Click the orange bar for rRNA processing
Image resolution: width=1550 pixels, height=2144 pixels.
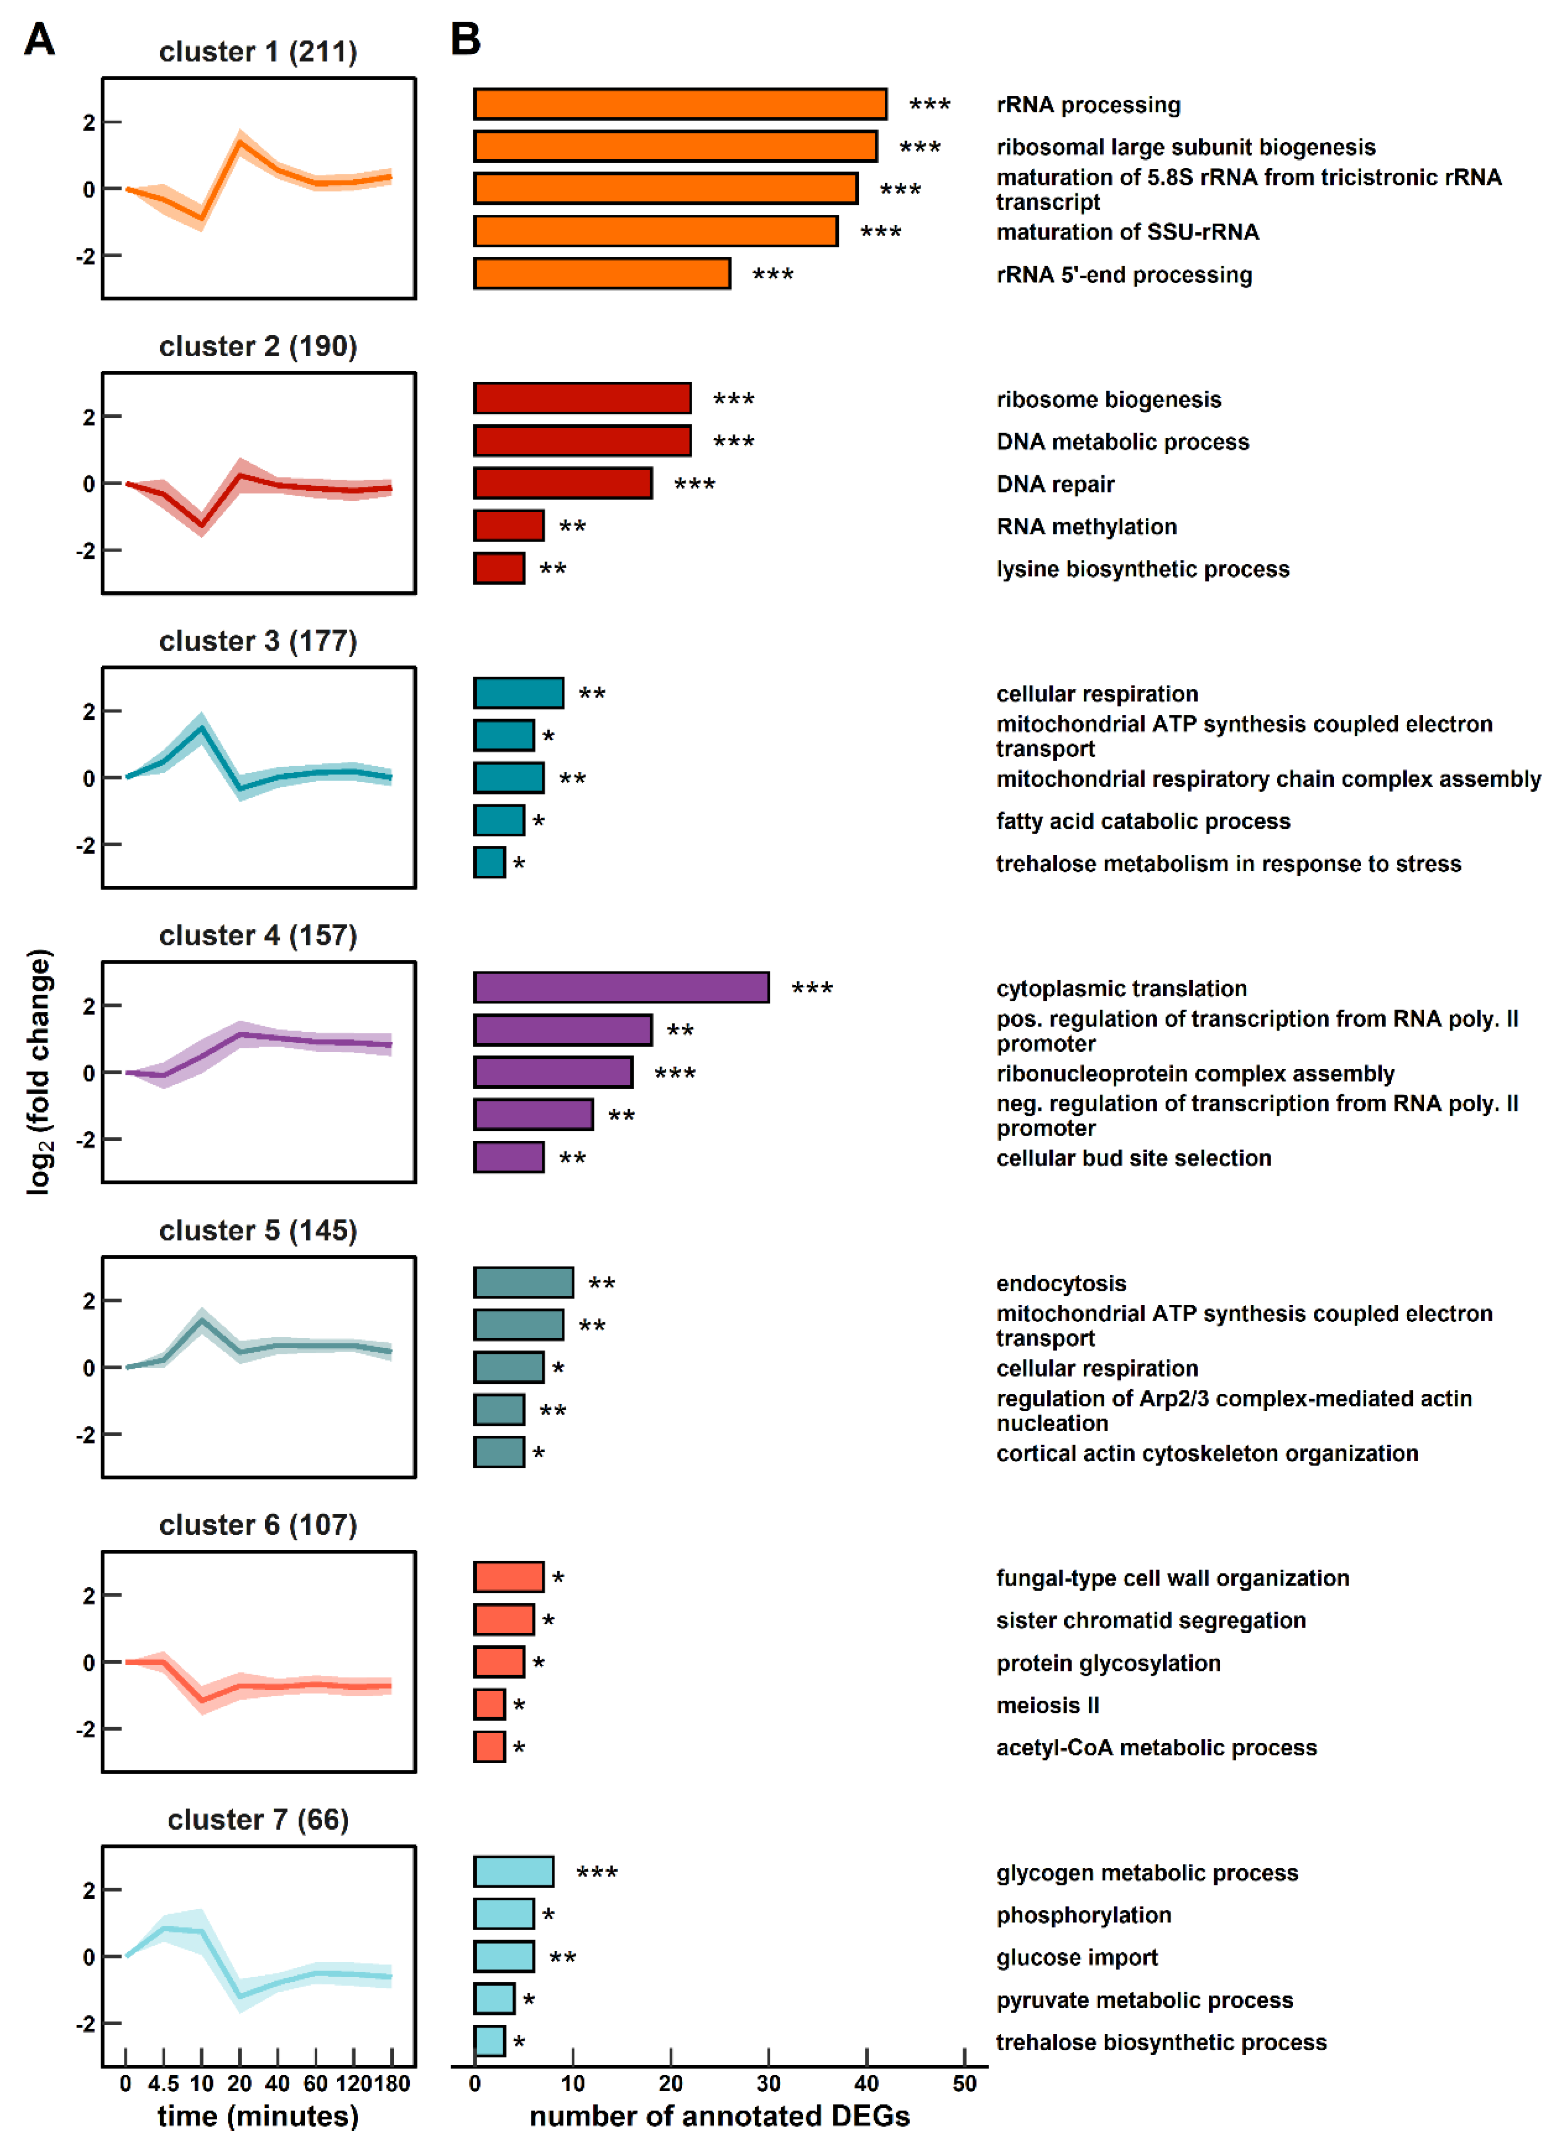(x=679, y=104)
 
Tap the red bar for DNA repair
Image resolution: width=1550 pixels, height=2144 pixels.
(x=563, y=483)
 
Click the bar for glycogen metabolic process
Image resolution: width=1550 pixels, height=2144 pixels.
(x=513, y=1872)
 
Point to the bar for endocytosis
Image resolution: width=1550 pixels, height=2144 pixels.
(x=522, y=1283)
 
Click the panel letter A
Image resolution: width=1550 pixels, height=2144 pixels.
(x=40, y=40)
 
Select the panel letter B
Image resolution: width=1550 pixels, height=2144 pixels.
(x=465, y=40)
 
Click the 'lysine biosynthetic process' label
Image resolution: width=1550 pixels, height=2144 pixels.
(x=1142, y=569)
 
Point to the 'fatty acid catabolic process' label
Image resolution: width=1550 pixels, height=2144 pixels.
(x=1142, y=820)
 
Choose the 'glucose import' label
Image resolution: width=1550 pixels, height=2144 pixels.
(x=1077, y=1957)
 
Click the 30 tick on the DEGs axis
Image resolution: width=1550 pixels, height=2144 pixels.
(x=768, y=2083)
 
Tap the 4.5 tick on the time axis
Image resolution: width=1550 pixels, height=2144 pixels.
(x=163, y=2083)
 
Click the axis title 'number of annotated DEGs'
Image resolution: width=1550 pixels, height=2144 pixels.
(x=719, y=2116)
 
